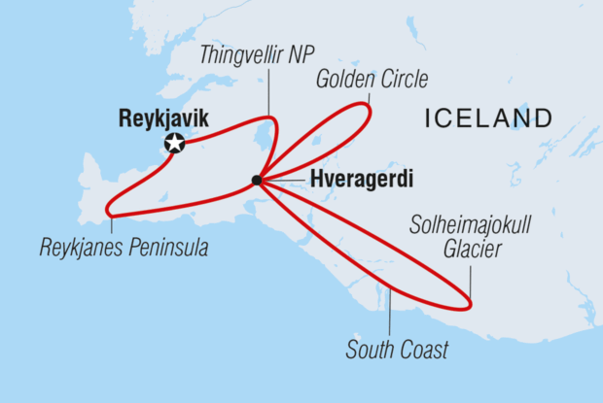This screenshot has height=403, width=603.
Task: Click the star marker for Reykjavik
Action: pos(175,144)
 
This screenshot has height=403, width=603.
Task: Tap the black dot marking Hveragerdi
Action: pos(256,180)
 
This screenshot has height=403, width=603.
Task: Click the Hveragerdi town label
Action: pos(347,180)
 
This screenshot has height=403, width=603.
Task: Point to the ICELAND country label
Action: pos(488,118)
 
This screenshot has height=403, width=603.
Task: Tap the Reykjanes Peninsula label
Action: pos(124,249)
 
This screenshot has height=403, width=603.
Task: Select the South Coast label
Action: pos(398,349)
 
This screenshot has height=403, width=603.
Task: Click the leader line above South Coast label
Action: pos(390,311)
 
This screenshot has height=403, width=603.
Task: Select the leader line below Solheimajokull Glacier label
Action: pos(470,282)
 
